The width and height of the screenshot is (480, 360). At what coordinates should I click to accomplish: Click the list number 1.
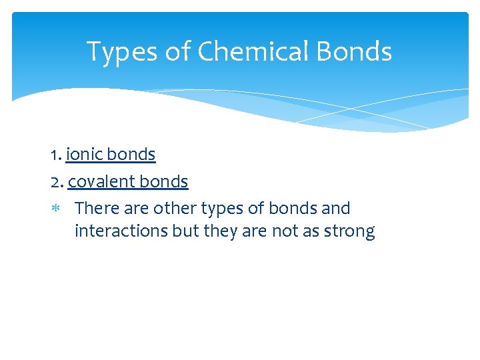(x=55, y=155)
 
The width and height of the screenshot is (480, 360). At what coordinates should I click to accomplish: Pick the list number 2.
(x=56, y=181)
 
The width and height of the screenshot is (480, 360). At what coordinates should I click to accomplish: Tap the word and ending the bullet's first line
(x=335, y=209)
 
